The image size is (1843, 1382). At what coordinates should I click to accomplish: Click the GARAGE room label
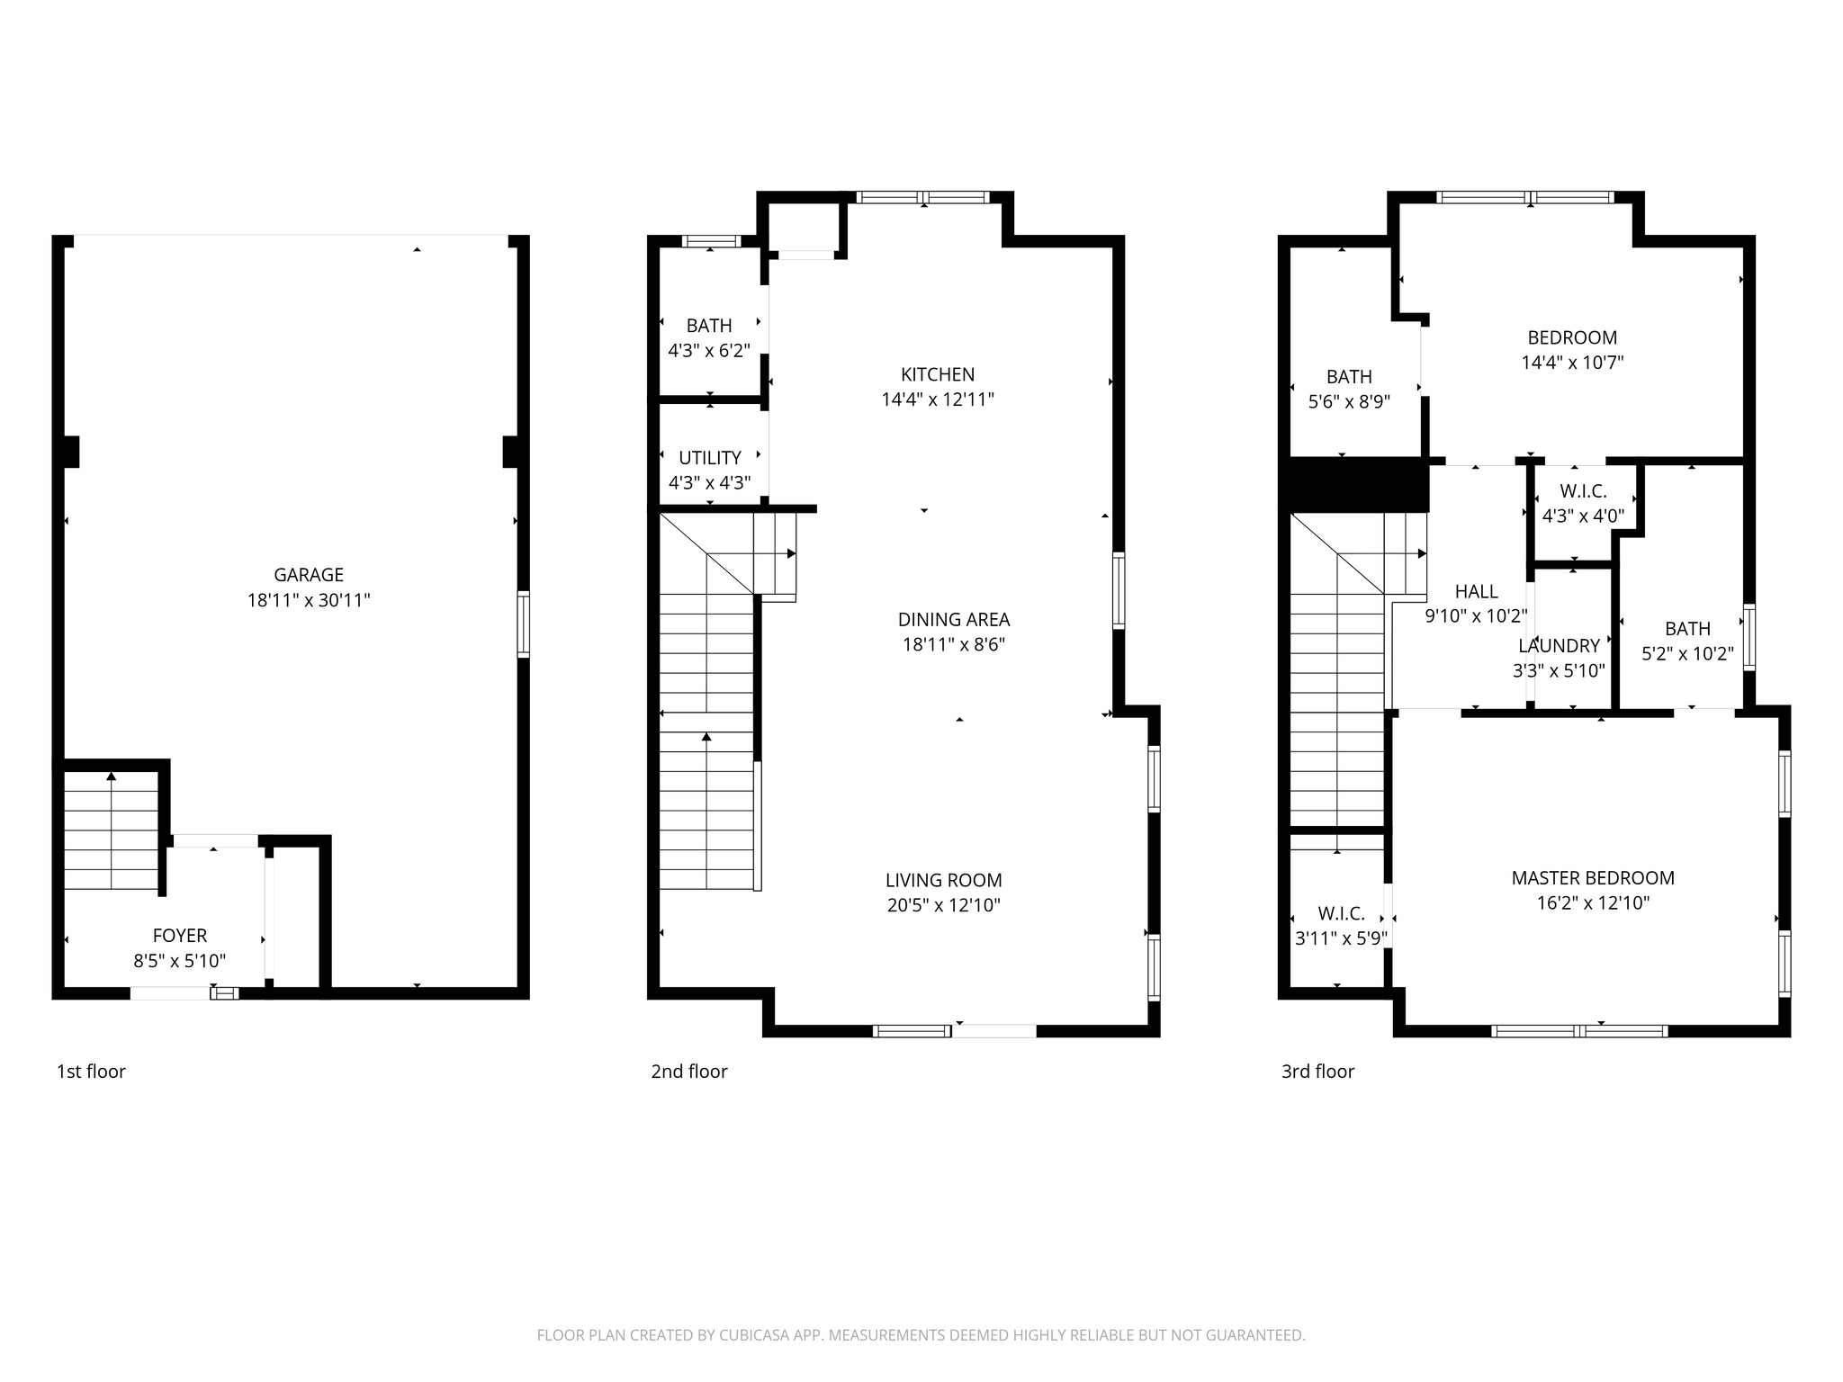(x=309, y=575)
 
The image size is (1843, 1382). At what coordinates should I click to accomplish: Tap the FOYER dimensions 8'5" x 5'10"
(x=180, y=961)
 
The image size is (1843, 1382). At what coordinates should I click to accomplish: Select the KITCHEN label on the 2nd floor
(x=938, y=374)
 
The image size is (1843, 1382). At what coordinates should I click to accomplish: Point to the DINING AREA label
(x=954, y=619)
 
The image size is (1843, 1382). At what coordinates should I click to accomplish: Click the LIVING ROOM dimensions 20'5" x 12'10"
(x=943, y=905)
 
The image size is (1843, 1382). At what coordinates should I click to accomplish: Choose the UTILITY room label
(x=710, y=458)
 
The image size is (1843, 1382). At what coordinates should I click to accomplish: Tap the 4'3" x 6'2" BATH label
(x=709, y=326)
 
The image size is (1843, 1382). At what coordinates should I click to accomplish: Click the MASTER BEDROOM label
(x=1593, y=878)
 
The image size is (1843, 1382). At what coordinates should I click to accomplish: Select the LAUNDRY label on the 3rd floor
(x=1559, y=646)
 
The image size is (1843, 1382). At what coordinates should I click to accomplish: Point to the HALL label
(x=1476, y=591)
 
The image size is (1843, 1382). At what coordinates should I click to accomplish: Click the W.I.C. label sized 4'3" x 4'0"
(x=1583, y=491)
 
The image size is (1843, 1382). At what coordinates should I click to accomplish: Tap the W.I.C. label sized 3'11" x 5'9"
(x=1341, y=914)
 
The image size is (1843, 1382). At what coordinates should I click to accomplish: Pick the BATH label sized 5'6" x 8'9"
(x=1349, y=377)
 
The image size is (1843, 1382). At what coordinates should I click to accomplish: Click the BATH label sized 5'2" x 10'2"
(x=1687, y=629)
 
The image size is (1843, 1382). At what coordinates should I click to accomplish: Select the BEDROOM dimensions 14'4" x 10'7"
(x=1572, y=363)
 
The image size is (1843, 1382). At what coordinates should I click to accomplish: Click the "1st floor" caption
(x=91, y=1072)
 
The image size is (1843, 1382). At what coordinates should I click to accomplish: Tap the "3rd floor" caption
(x=1317, y=1072)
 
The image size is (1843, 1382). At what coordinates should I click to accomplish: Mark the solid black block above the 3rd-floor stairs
(x=1359, y=485)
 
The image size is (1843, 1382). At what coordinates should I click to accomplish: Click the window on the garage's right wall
(x=523, y=624)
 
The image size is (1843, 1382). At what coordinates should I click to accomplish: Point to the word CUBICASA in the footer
(x=754, y=1335)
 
